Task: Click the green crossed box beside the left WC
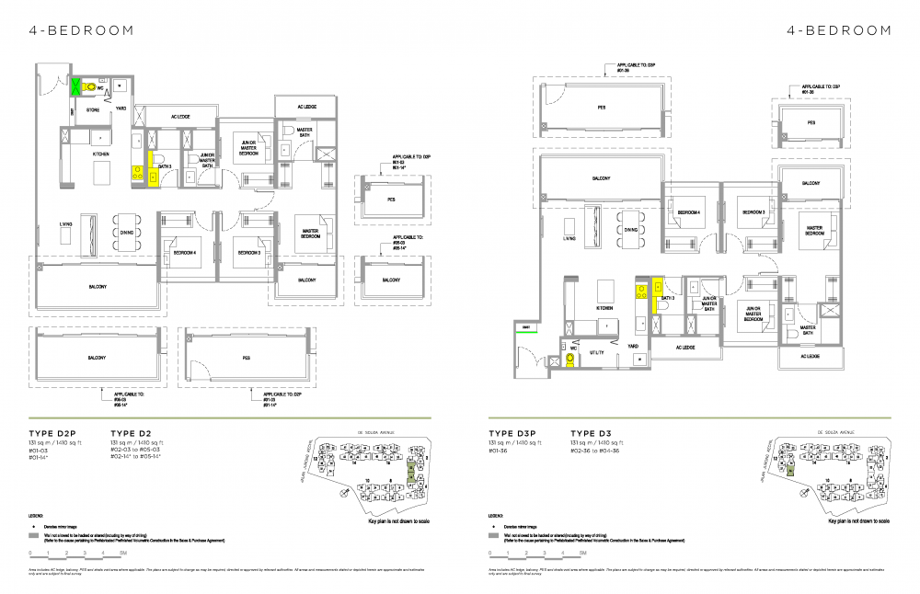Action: coord(76,87)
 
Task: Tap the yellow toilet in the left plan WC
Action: coord(90,88)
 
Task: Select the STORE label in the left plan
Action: coord(93,109)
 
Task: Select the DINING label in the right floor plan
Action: coord(630,230)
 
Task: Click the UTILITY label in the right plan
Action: coord(595,352)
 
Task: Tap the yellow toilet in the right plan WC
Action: coord(571,360)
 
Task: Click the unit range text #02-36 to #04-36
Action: coord(604,451)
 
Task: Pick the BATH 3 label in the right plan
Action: coord(668,298)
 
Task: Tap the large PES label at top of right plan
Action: coord(602,107)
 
